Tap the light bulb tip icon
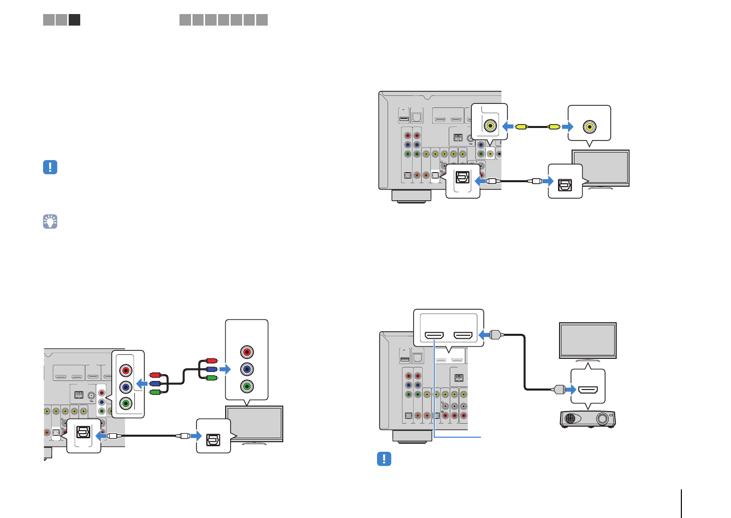[50, 221]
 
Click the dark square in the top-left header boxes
[74, 20]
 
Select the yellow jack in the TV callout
[590, 126]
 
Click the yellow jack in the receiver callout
[490, 125]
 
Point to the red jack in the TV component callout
[246, 352]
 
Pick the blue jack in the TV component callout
[246, 369]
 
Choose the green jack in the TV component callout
[246, 386]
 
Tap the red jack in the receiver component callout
[126, 370]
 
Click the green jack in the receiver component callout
[126, 403]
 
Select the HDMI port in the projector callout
[588, 390]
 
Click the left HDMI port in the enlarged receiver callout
[434, 335]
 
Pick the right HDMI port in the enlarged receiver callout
[463, 335]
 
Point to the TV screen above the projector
[588, 340]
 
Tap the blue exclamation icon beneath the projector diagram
[384, 458]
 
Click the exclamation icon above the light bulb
[50, 167]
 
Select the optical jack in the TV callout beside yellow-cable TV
[565, 184]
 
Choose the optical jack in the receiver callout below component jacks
[83, 432]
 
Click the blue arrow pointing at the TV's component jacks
[225, 369]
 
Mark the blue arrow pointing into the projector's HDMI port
[570, 389]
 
